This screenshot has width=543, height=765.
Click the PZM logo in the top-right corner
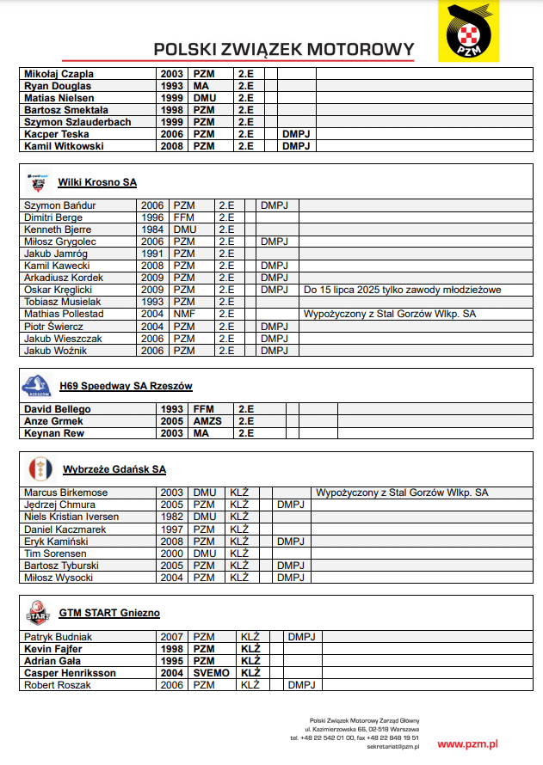[468, 32]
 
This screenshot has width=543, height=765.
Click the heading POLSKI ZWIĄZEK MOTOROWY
[283, 49]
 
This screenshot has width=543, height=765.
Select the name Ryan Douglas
[58, 86]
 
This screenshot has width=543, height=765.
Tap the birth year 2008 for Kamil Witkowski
[171, 146]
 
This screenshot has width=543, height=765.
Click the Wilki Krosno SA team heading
[97, 182]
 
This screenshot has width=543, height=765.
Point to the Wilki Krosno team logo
[37, 182]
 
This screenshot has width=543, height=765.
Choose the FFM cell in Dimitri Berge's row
[184, 218]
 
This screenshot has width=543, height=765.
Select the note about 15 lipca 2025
[402, 291]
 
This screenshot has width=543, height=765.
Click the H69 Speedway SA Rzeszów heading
[126, 386]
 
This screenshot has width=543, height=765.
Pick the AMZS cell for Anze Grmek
[208, 421]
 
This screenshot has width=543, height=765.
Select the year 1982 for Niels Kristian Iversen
[172, 517]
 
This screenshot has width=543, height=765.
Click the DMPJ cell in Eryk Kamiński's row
[291, 542]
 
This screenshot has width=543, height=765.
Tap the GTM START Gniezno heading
[109, 613]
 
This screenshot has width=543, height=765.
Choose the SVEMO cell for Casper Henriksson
[212, 673]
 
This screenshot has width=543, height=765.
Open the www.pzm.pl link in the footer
[467, 744]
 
